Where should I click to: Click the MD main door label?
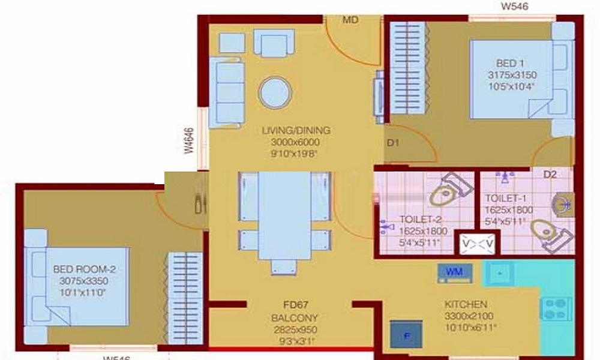point(350,20)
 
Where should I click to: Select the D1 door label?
point(392,143)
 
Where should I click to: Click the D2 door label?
point(550,175)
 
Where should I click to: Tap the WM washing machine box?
point(455,272)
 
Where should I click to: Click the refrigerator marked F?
point(406,335)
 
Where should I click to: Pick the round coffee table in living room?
point(276,94)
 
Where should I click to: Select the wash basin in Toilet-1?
point(563,203)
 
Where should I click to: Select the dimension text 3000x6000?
point(295,142)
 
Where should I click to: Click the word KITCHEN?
point(466,304)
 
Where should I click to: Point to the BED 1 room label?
point(510,64)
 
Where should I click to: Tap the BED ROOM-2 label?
point(84,270)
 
